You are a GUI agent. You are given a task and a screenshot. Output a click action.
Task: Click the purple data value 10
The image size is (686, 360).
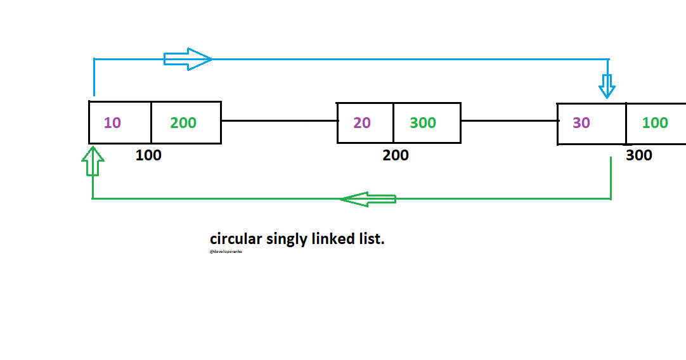[x=112, y=123]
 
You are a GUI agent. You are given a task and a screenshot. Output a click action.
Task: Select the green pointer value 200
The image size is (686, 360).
[x=183, y=123]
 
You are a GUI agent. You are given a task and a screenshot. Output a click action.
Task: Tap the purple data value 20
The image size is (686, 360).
[x=362, y=123]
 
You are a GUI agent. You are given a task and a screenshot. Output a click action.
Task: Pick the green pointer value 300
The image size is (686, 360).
[x=422, y=123]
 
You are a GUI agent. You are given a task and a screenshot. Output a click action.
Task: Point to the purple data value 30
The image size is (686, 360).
[x=581, y=123]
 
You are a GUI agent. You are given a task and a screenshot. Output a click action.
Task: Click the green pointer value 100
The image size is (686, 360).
[x=655, y=123]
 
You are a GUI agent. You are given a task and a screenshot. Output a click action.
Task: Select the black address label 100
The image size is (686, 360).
[x=148, y=155]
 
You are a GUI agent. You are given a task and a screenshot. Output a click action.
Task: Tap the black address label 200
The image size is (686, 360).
[x=396, y=155]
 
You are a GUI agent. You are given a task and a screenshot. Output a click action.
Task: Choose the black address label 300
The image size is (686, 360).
[x=638, y=155]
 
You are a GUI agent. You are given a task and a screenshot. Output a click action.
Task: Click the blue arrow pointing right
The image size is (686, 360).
[x=188, y=59]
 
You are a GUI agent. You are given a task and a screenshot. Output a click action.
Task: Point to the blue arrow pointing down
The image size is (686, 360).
[x=607, y=86]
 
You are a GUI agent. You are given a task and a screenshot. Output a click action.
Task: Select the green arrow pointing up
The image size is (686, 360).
[x=93, y=160]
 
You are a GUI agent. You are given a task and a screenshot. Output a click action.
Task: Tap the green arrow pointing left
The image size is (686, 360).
[x=368, y=199]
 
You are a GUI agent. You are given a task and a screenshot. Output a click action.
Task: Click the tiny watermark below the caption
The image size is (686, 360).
[x=226, y=252]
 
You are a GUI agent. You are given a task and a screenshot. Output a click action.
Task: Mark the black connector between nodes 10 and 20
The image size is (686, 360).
[x=278, y=120]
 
